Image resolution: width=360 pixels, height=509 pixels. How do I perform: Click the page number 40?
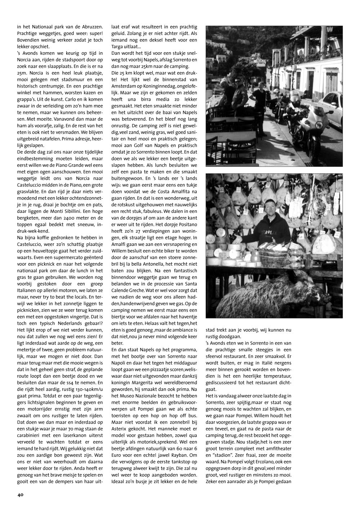point(20,495)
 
